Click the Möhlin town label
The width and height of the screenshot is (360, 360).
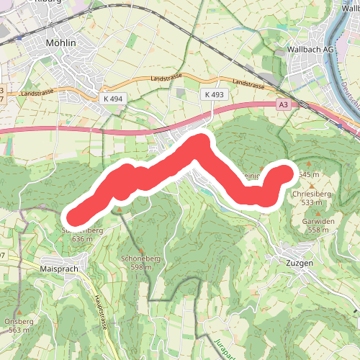60,43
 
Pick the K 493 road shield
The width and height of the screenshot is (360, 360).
215,94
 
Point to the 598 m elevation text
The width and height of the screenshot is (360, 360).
140,267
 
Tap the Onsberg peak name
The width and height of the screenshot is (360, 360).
19,321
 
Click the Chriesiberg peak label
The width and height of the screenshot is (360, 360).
312,194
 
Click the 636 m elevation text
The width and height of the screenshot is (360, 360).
84,238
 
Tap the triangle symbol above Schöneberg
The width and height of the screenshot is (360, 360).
140,251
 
